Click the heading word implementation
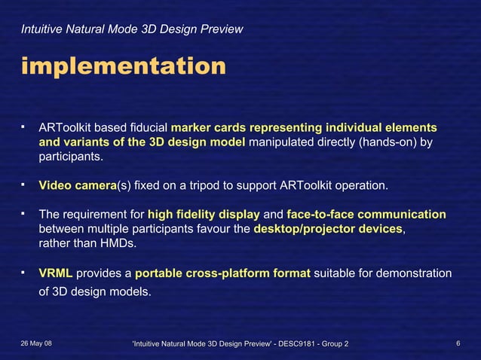pyautogui.click(x=123, y=66)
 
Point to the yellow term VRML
pyautogui.click(x=56, y=272)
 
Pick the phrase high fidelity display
pyautogui.click(x=204, y=214)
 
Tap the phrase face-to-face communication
pyautogui.click(x=366, y=214)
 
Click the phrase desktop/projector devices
pyautogui.click(x=329, y=229)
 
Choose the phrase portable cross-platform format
pyautogui.click(x=222, y=272)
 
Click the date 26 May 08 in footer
pyautogui.click(x=37, y=343)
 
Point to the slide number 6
pyautogui.click(x=458, y=343)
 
